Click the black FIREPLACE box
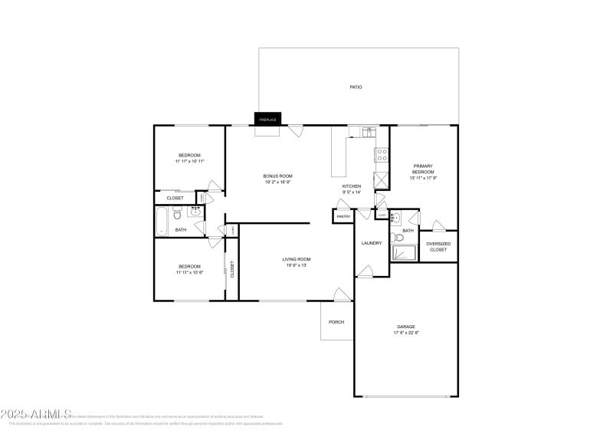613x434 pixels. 267,119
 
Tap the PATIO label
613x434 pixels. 356,87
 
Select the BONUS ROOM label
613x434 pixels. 278,176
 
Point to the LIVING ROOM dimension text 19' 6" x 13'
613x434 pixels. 297,265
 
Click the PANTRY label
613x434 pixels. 343,217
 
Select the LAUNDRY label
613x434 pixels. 372,243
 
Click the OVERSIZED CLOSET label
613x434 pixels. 438,246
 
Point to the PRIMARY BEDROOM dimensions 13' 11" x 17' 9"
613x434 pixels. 423,178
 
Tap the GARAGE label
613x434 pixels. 405,327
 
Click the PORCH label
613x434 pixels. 336,321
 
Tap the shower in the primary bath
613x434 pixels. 402,253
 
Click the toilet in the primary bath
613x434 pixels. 398,238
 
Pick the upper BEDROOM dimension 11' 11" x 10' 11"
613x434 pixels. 189,161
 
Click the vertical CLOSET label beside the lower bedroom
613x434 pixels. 231,269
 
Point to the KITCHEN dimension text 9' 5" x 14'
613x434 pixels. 351,192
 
